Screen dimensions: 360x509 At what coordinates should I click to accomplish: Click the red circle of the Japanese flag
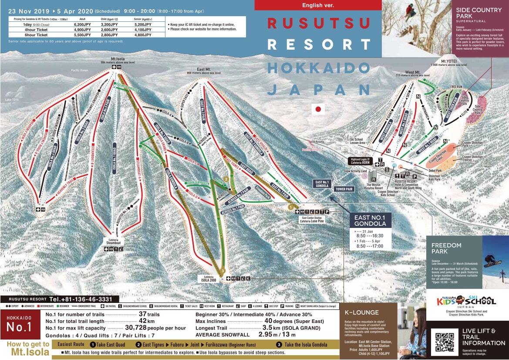319,109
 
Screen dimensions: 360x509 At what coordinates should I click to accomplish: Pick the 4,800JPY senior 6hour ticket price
144,35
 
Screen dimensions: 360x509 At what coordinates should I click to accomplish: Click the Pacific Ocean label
80,70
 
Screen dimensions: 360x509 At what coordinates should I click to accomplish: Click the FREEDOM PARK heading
446,248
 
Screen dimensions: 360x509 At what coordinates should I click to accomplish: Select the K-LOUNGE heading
361,312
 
